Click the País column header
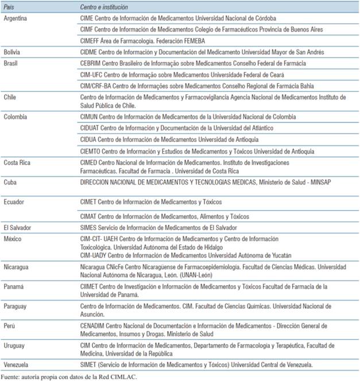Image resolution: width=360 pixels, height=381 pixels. point(10,7)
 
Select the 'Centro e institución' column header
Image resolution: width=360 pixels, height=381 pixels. point(104,7)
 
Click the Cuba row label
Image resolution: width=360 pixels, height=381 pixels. point(11,182)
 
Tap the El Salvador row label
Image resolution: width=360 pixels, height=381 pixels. point(18,227)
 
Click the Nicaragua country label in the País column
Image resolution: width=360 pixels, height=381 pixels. point(17,267)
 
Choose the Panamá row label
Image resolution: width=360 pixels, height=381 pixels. point(15,286)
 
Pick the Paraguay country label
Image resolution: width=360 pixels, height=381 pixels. point(17,306)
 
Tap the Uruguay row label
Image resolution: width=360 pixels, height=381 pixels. point(16,345)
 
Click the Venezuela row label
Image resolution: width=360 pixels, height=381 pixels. point(18,364)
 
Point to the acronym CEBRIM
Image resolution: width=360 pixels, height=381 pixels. point(92,63)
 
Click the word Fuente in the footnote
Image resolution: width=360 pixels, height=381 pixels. point(12,376)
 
